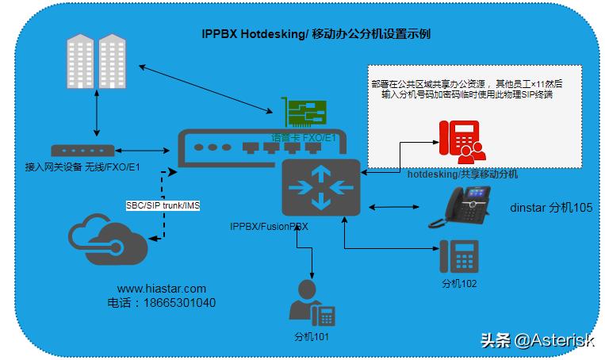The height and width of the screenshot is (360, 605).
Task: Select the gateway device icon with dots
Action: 82,150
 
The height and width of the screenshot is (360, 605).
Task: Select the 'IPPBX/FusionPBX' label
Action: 269,226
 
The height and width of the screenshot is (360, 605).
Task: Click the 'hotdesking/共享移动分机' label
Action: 462,174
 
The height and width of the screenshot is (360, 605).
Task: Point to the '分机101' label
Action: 311,337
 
